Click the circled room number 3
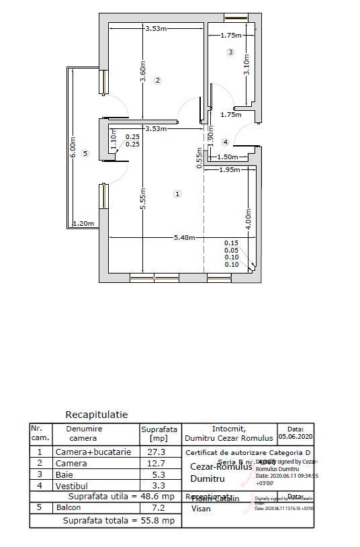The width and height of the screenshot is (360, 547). coord(230,52)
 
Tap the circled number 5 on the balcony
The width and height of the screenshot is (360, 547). coord(85,154)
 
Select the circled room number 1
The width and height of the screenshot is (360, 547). coord(177,194)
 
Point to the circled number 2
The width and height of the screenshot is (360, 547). coord(158,80)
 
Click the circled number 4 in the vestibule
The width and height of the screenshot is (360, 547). coord(225,142)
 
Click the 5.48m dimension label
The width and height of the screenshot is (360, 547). coord(184,237)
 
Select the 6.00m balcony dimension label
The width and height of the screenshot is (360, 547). coord(73,147)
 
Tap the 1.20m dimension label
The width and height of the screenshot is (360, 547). coord(83,224)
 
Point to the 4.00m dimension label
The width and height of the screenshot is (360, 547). coord(248,220)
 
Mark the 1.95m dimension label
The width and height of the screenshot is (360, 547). coord(230,170)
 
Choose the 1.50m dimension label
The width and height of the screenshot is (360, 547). coord(228,157)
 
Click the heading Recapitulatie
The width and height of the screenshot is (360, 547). coord(96,415)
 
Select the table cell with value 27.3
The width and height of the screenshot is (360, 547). coord(156,452)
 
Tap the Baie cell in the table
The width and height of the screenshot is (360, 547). coord(64,474)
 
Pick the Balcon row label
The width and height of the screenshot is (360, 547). coord(69,507)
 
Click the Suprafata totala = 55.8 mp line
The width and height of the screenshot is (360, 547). coord(119,520)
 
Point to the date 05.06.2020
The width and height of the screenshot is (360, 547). coord(295,435)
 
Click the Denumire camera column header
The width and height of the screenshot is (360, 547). coord(83,433)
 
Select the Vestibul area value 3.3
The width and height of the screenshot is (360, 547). coord(156,485)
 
